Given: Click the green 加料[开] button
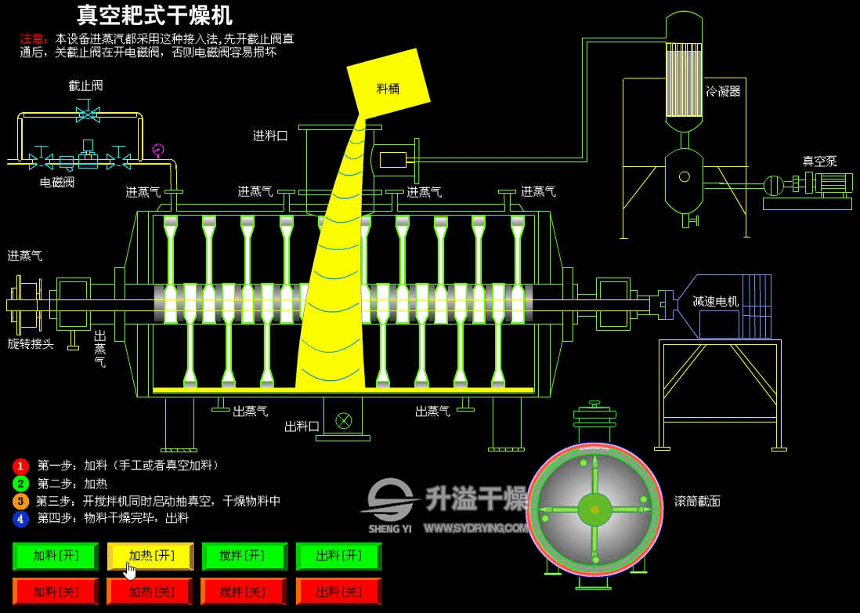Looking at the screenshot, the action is [56, 556].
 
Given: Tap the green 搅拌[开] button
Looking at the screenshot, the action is [244, 556].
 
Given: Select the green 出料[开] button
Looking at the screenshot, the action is [339, 556].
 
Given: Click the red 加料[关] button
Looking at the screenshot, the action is [56, 592].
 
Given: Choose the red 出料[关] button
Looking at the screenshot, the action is [339, 592].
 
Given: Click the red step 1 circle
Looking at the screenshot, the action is [20, 466].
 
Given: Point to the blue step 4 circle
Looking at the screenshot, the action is [20, 519].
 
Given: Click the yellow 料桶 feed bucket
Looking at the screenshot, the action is [388, 83].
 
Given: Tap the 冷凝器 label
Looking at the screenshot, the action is [723, 92].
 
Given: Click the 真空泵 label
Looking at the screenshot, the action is [820, 161].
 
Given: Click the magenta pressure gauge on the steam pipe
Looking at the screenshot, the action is [158, 149].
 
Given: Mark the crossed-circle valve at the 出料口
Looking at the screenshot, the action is [344, 421].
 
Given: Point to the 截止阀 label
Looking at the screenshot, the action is [85, 85].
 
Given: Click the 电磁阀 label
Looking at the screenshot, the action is [57, 182].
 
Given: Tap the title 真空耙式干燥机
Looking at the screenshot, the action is [154, 16].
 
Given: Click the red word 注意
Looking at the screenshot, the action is [32, 39].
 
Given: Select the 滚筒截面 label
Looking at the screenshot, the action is [697, 501].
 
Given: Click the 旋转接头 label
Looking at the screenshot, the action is [31, 344].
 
